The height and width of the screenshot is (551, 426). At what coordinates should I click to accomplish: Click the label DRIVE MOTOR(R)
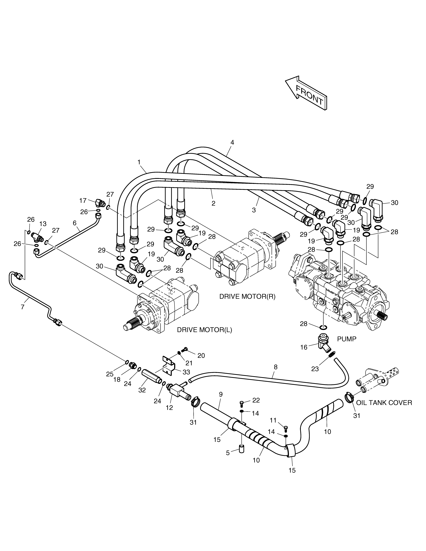(x=247, y=296)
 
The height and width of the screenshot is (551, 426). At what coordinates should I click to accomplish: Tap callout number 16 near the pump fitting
(x=304, y=347)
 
